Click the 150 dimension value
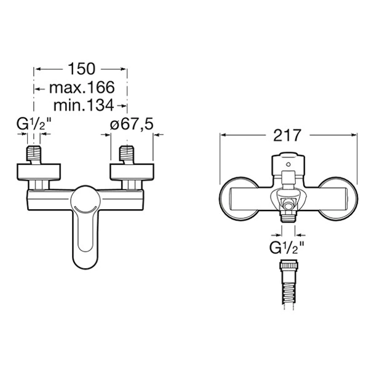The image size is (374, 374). pos(82,69)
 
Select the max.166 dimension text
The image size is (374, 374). pos(82,87)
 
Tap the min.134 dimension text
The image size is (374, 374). pos(84,105)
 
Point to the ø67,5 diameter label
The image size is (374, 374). pos(132,124)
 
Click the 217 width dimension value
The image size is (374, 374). pos(287,135)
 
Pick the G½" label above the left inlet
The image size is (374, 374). pos(34,124)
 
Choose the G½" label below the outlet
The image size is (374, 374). pos(287,248)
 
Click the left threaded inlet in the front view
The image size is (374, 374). pos(34,154)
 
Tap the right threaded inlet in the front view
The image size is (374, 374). pos(127,154)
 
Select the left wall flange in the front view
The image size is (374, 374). pos(39,172)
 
